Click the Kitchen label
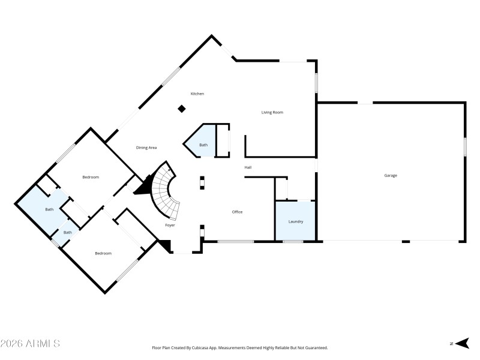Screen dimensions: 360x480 pyautogui.click(x=197, y=94)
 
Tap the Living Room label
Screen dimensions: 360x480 pyautogui.click(x=272, y=112)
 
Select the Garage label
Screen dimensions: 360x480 pyautogui.click(x=391, y=175)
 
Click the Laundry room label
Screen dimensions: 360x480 pyautogui.click(x=296, y=221)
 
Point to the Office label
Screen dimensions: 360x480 pyautogui.click(x=237, y=212)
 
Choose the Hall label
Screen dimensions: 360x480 pyautogui.click(x=247, y=167)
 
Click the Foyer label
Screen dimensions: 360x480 pyautogui.click(x=170, y=225)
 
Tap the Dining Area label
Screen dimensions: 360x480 pyautogui.click(x=146, y=147)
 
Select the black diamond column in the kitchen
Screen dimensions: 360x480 pyautogui.click(x=181, y=109)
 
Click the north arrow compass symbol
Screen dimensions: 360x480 pyautogui.click(x=462, y=343)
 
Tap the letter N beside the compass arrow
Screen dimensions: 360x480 pyautogui.click(x=451, y=344)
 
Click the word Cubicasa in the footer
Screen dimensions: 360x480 pyautogui.click(x=200, y=348)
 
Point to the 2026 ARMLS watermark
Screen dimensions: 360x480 pyautogui.click(x=30, y=344)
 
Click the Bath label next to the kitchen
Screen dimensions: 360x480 pyautogui.click(x=203, y=145)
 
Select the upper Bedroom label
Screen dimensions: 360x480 pyautogui.click(x=91, y=177)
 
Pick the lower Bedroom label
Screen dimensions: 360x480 pyautogui.click(x=103, y=253)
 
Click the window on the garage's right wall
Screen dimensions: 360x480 pyautogui.click(x=465, y=147)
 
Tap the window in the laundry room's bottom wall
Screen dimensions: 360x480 pyautogui.click(x=293, y=242)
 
